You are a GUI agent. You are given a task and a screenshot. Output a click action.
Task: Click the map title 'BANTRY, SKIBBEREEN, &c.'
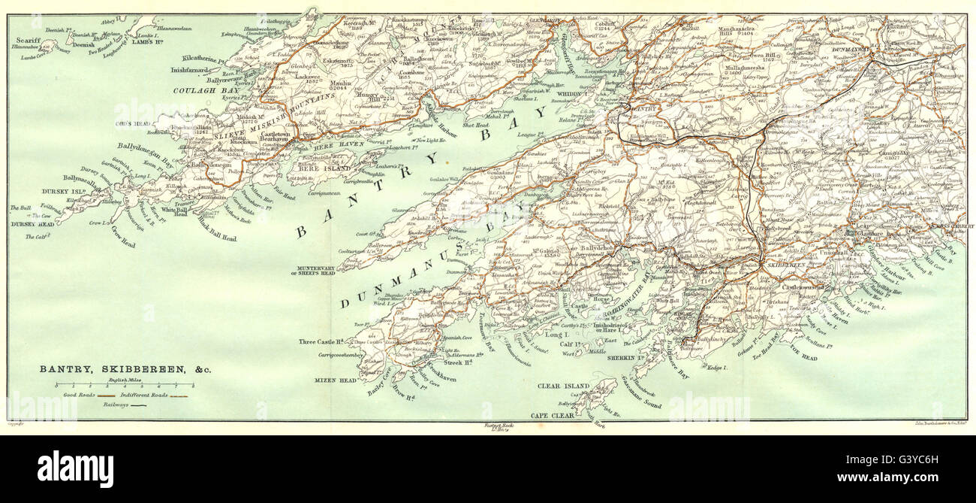point(116,370)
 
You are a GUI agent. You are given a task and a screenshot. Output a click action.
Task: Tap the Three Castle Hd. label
point(321,341)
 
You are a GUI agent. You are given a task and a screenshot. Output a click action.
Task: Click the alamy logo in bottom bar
point(75,469)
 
